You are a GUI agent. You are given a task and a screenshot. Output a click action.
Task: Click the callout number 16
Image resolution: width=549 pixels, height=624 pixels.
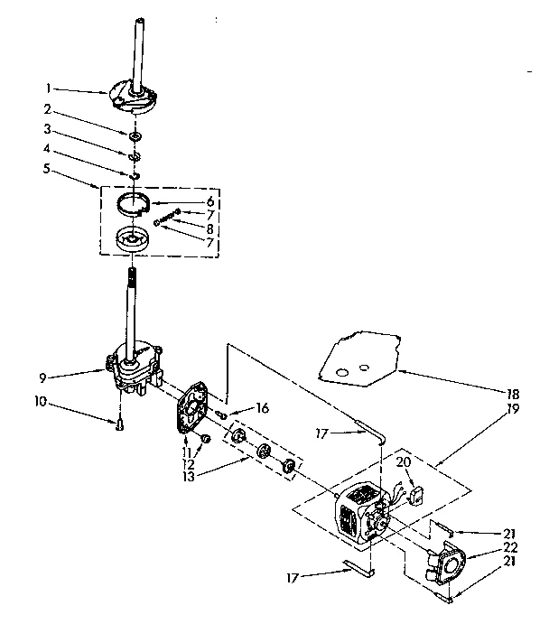(263, 408)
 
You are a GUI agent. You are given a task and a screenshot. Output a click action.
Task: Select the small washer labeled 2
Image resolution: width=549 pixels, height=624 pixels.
(135, 135)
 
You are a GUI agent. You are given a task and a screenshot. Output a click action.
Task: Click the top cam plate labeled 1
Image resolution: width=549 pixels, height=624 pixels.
(128, 97)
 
